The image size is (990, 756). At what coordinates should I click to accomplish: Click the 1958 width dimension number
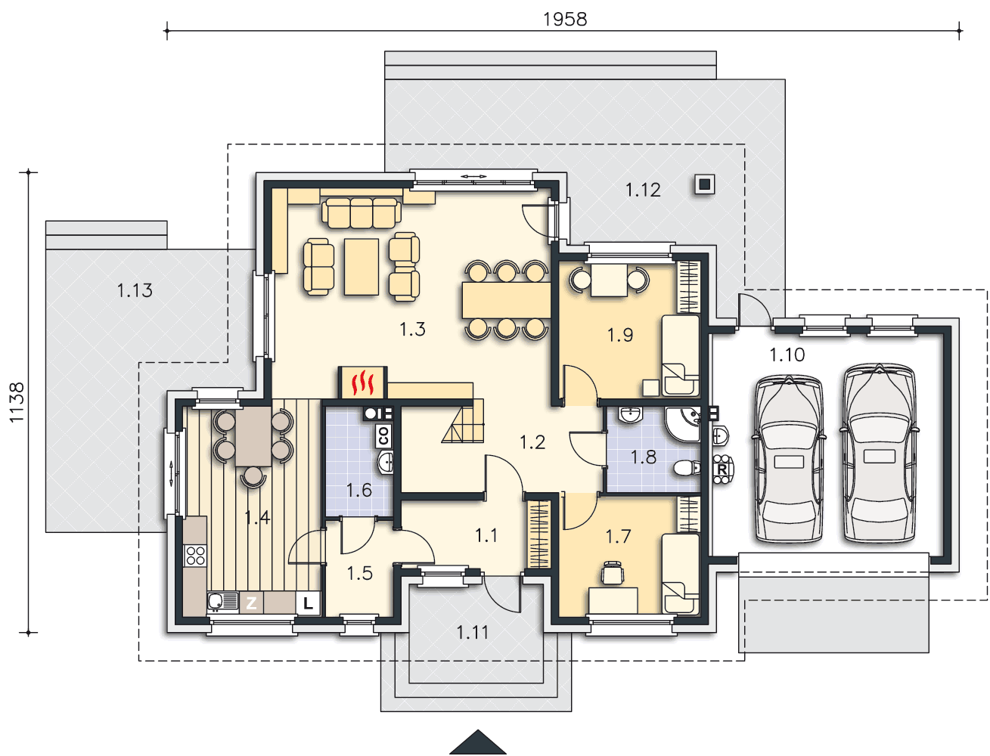(564, 20)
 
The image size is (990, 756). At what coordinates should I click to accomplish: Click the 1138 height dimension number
(17, 402)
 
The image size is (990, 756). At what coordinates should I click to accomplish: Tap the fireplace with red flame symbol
(362, 383)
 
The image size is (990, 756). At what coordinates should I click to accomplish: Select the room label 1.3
(411, 329)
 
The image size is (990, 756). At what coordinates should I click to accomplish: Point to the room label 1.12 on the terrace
(643, 190)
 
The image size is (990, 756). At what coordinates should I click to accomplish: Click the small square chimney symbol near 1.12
(705, 184)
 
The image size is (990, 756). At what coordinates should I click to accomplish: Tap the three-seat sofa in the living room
(362, 213)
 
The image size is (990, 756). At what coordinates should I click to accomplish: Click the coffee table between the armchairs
(361, 267)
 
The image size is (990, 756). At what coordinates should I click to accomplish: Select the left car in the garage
(789, 458)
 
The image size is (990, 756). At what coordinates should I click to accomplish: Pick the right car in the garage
(879, 453)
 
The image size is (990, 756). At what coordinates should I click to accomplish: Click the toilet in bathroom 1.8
(687, 467)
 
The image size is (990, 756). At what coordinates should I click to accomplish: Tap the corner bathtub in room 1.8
(683, 424)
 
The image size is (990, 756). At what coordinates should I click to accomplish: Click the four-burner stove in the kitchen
(195, 556)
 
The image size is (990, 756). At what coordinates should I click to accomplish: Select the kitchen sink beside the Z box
(222, 601)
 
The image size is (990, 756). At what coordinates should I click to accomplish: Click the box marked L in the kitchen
(308, 603)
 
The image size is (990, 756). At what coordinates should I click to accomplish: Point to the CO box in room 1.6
(383, 435)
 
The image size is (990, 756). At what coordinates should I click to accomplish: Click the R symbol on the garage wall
(722, 469)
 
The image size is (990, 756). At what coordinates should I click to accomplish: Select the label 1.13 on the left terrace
(135, 290)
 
